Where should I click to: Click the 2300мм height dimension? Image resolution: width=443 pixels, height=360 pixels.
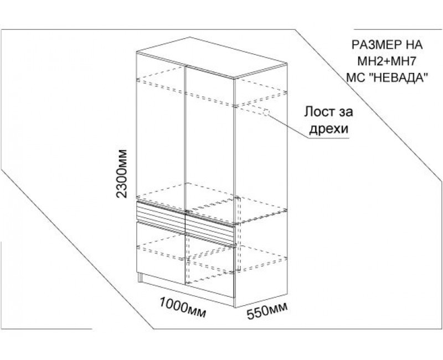pyautogui.click(x=122, y=173)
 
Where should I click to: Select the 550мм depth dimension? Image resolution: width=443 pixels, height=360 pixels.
pyautogui.click(x=267, y=311)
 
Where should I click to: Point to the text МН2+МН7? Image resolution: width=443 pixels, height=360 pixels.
pyautogui.click(x=387, y=61)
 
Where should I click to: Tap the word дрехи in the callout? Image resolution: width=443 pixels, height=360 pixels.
pyautogui.click(x=328, y=129)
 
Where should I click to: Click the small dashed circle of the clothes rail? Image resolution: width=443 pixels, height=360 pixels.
pyautogui.click(x=266, y=112)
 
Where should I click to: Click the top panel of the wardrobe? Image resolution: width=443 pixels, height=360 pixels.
pyautogui.click(x=212, y=57)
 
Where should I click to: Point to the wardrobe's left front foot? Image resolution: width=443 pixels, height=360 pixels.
pyautogui.click(x=140, y=277)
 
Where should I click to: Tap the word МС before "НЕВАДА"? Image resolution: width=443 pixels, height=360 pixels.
pyautogui.click(x=356, y=77)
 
